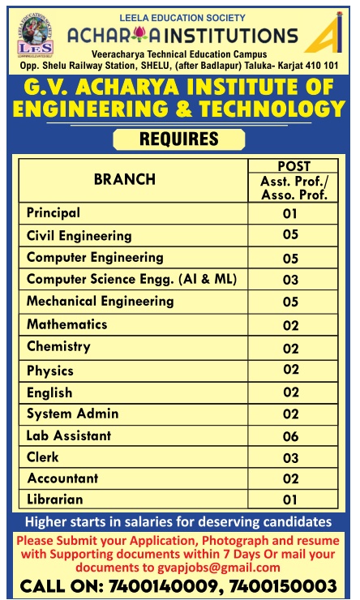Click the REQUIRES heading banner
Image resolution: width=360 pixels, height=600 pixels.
179,139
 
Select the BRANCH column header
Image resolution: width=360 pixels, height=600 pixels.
125,179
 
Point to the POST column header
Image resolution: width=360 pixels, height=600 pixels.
294,166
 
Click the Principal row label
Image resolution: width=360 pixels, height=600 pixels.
54,213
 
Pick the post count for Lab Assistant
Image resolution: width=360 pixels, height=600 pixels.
291,436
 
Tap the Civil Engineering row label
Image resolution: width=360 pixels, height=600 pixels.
79,236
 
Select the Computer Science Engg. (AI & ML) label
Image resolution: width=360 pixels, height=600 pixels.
131,279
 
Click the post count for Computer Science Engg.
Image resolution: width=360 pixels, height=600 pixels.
291,281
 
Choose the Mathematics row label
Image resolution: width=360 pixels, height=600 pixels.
66,324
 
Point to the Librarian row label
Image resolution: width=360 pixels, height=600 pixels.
55,499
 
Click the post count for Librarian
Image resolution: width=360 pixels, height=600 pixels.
291,500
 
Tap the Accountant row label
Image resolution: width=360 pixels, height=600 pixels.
62,478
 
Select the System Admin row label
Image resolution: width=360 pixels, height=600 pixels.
72,414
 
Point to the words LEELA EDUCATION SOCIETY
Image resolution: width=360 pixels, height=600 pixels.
179,16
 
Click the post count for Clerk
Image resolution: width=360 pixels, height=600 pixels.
291,458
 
